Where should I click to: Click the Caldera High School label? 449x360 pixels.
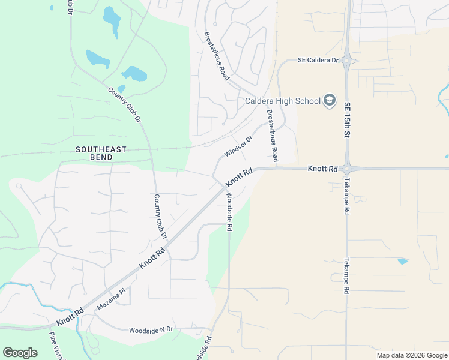[282, 101]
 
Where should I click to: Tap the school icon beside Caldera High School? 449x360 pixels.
[330, 100]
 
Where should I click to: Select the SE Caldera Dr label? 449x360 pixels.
[318, 61]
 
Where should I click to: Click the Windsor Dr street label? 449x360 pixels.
[238, 146]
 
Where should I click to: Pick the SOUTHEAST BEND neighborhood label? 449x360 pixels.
[101, 153]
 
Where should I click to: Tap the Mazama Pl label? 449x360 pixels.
[112, 298]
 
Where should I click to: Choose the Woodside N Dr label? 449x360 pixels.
[151, 330]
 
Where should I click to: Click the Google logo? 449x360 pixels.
[20, 353]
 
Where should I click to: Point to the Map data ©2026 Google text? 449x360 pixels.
[412, 355]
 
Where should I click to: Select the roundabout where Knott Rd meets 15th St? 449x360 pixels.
[348, 169]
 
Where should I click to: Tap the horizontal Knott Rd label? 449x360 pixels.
[322, 169]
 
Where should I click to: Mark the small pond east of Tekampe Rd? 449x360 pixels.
[402, 262]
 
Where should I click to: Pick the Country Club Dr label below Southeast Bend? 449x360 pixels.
[160, 216]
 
